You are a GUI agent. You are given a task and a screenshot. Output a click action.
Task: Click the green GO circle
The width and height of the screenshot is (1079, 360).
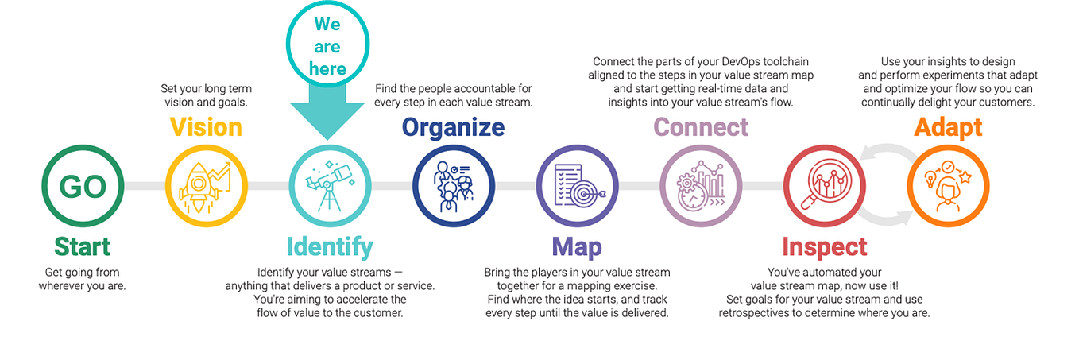(83, 186)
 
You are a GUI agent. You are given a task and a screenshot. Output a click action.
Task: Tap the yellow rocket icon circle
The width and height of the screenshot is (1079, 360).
(206, 186)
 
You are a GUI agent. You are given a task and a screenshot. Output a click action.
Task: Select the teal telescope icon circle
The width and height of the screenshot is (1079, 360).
(329, 186)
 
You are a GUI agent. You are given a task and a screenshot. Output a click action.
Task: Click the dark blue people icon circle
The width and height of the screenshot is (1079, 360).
(453, 186)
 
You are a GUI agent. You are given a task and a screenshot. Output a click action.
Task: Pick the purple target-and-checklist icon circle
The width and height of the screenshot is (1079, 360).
(577, 186)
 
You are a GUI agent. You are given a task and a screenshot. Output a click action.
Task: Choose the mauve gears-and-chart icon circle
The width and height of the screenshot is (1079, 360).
(701, 186)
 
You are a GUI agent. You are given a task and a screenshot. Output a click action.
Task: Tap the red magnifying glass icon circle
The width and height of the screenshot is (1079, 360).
(824, 186)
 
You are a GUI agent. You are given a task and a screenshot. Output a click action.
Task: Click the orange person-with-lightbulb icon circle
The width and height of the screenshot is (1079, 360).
(948, 186)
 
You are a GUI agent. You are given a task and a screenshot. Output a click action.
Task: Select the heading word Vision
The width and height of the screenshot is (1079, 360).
(206, 127)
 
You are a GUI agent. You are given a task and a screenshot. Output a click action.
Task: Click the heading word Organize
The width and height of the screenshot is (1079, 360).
(453, 127)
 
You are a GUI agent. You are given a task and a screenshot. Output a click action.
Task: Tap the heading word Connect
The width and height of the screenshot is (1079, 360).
(701, 127)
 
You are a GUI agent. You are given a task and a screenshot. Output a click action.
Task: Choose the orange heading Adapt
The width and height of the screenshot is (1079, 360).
(948, 127)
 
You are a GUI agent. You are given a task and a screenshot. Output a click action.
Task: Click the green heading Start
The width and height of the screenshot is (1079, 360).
(83, 246)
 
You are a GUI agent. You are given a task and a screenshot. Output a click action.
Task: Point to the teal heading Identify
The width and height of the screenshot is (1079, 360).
(329, 247)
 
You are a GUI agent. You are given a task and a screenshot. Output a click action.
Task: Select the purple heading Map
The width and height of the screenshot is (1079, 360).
(577, 246)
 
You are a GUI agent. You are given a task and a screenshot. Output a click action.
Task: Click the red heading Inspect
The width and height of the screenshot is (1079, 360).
(824, 247)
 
